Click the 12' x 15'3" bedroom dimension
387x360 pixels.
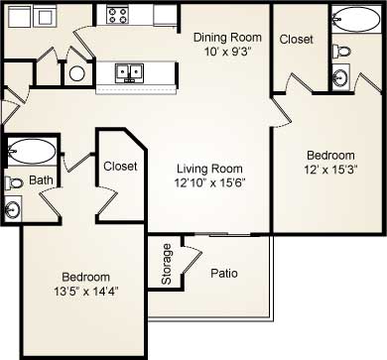click(x=330, y=170)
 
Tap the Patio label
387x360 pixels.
click(x=223, y=273)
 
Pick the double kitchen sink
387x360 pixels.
click(x=127, y=71)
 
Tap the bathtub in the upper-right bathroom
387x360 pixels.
click(x=352, y=19)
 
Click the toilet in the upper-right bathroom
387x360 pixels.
click(x=341, y=50)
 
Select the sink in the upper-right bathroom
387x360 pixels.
click(x=341, y=76)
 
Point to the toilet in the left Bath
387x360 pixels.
click(x=14, y=182)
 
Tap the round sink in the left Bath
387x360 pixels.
click(x=13, y=209)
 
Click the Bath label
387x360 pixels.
click(x=40, y=180)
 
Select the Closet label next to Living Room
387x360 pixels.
click(x=120, y=167)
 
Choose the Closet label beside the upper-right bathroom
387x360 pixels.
click(x=297, y=40)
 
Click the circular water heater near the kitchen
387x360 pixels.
click(x=76, y=72)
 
